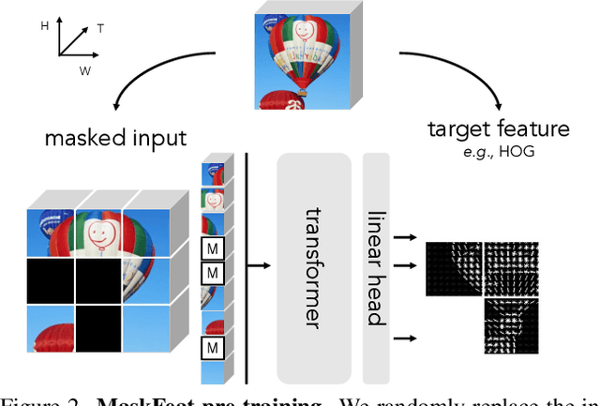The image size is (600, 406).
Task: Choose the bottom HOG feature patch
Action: tap(511, 325)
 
